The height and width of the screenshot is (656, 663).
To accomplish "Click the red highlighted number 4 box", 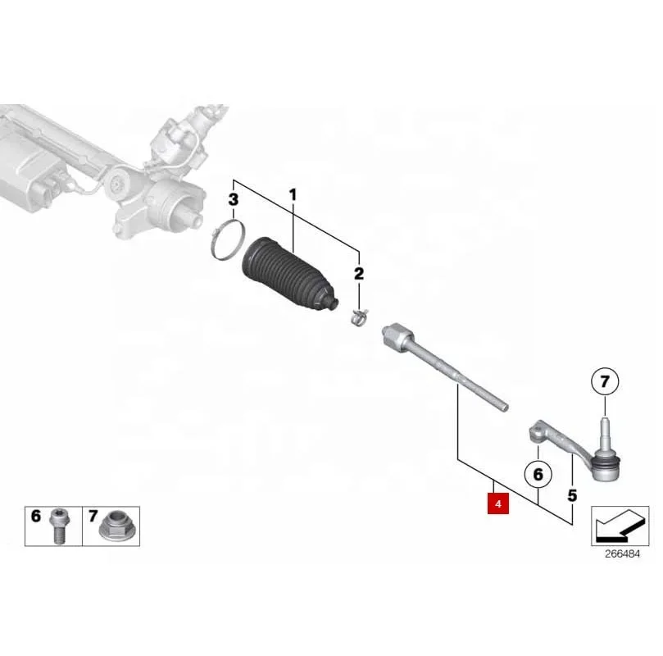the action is [497, 501].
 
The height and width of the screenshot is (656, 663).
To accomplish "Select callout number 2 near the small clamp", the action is [358, 272].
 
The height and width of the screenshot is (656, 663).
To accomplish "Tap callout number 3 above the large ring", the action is [234, 199].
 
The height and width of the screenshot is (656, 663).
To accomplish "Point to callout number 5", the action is [572, 495].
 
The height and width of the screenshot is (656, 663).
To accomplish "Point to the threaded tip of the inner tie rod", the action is [502, 404].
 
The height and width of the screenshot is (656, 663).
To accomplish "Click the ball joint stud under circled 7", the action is [604, 427].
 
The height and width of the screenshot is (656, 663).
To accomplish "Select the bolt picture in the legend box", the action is [58, 524].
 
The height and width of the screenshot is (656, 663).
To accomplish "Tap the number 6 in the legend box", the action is [35, 517].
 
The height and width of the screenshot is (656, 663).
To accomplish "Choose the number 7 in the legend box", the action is [93, 517].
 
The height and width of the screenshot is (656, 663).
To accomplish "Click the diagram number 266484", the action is [621, 555].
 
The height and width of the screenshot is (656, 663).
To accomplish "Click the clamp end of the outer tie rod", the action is [538, 429].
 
